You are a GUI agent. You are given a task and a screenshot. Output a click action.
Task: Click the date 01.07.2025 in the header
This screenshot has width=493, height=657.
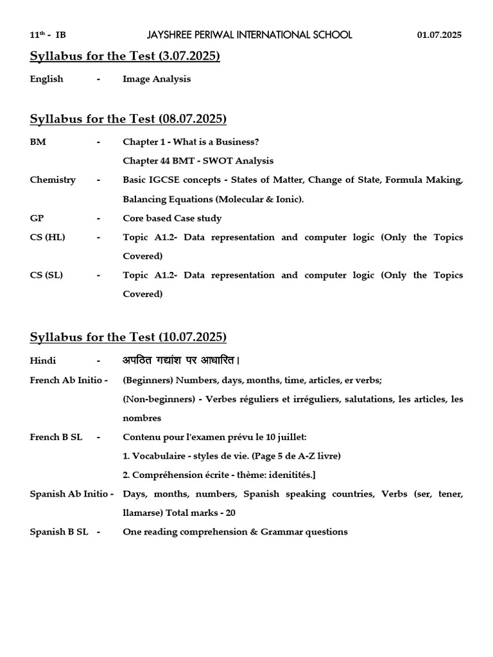click(439, 35)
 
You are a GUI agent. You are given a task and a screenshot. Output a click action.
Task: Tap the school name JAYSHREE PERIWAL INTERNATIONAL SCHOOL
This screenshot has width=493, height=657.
click(249, 35)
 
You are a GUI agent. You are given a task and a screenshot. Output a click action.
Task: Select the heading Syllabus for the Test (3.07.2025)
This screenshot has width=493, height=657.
click(125, 56)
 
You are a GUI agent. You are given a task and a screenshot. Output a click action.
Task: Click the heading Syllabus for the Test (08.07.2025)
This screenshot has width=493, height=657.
click(128, 119)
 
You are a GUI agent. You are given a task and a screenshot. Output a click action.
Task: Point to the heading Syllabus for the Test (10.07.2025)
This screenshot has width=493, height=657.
click(128, 337)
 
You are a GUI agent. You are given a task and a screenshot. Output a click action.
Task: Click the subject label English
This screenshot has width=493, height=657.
click(47, 79)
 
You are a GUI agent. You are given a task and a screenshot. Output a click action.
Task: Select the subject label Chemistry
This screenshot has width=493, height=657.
click(53, 180)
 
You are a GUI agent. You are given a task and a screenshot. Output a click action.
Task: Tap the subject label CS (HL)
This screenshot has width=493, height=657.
click(48, 237)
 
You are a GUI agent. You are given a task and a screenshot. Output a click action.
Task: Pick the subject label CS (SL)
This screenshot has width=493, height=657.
click(47, 275)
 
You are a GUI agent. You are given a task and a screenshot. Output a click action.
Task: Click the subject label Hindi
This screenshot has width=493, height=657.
click(43, 361)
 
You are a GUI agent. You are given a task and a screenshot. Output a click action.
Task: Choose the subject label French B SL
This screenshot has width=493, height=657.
click(56, 437)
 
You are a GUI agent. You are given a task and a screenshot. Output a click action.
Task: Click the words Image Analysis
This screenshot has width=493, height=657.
click(157, 79)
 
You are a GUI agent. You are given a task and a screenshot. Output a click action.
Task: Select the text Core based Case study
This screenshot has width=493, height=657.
click(172, 218)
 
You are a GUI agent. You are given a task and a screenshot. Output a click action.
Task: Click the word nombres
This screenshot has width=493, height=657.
click(142, 418)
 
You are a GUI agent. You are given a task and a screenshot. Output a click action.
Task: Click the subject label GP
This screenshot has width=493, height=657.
click(37, 218)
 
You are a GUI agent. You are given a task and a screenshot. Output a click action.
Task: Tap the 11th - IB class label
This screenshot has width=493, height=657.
click(48, 35)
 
